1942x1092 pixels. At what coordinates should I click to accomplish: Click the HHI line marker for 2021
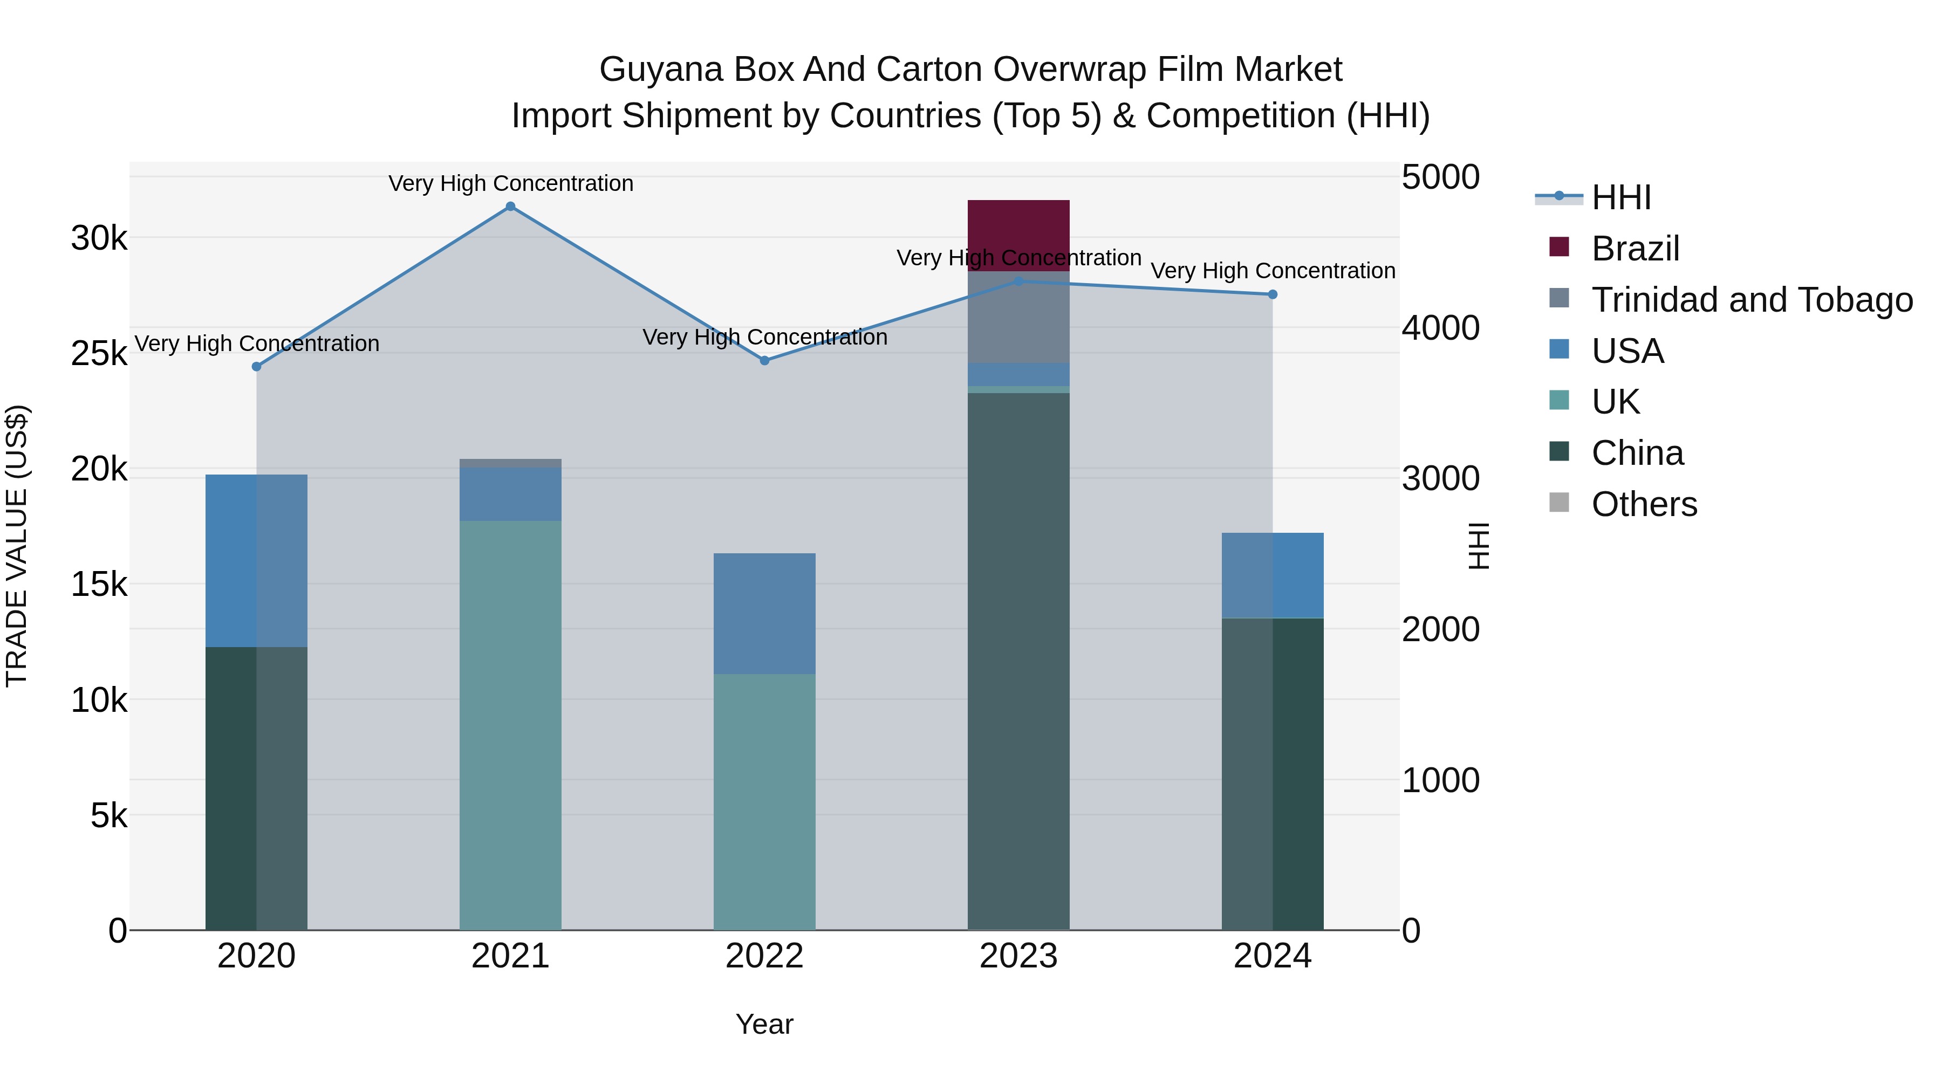[x=510, y=207]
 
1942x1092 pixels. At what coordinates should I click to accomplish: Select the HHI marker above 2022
[x=764, y=361]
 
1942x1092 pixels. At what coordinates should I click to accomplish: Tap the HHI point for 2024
[x=1273, y=294]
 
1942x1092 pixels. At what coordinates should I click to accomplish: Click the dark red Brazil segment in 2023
[x=1018, y=235]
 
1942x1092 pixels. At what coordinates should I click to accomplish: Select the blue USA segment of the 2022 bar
[x=764, y=614]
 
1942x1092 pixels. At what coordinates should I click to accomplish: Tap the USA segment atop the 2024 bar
[x=1273, y=576]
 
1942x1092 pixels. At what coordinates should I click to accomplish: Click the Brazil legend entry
[x=1635, y=249]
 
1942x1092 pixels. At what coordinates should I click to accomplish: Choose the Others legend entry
[x=1644, y=504]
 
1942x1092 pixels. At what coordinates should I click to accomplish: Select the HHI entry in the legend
[x=1621, y=197]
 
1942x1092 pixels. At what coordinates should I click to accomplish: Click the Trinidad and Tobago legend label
[x=1751, y=300]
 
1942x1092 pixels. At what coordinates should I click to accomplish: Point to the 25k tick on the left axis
[x=99, y=353]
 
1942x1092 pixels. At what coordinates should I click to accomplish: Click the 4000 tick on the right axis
[x=1440, y=328]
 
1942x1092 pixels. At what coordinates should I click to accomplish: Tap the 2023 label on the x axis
[x=1018, y=956]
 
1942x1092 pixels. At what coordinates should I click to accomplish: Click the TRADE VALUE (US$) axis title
[x=17, y=546]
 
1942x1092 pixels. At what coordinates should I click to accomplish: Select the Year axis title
[x=764, y=1024]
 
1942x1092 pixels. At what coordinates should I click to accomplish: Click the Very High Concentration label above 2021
[x=510, y=183]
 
